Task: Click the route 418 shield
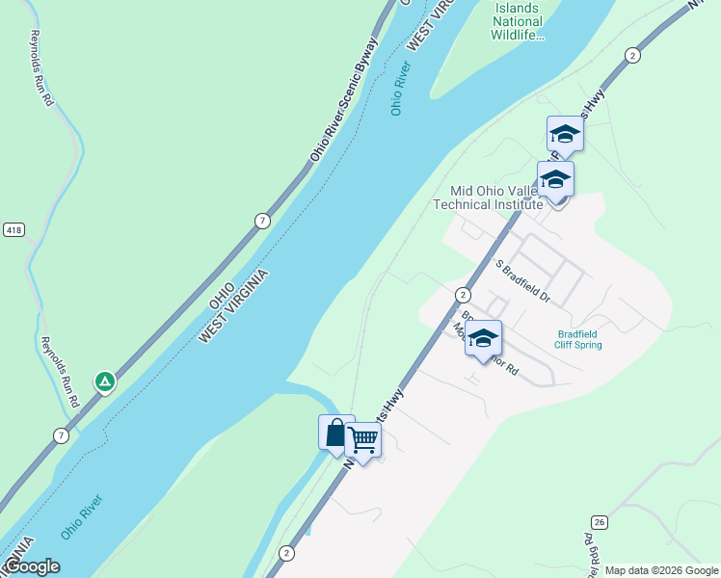click(x=11, y=230)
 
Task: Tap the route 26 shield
click(x=599, y=522)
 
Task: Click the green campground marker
click(x=105, y=381)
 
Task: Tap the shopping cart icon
click(x=363, y=440)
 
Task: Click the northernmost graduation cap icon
click(x=565, y=135)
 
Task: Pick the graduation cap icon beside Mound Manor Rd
click(x=483, y=339)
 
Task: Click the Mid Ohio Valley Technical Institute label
click(x=488, y=197)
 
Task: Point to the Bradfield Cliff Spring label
click(x=578, y=340)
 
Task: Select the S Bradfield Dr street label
click(x=521, y=281)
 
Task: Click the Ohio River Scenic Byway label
click(x=344, y=101)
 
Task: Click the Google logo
click(x=32, y=566)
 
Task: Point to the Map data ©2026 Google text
click(x=660, y=570)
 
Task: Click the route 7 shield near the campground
click(x=62, y=435)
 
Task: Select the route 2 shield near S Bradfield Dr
click(x=464, y=295)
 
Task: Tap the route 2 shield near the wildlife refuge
click(x=631, y=55)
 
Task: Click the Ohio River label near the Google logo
click(x=81, y=516)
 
